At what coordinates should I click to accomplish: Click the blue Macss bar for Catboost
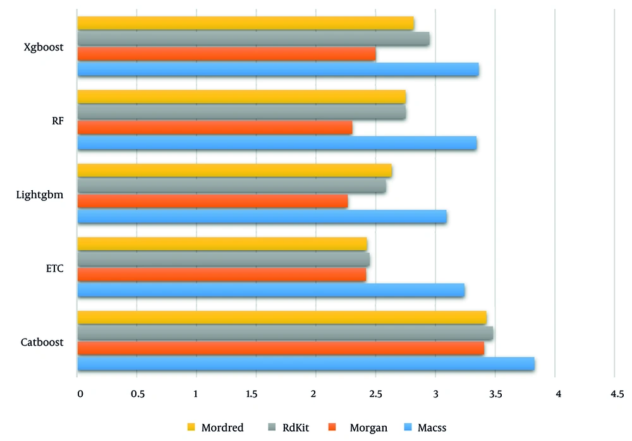click(x=306, y=364)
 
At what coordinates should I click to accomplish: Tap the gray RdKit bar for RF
click(x=241, y=112)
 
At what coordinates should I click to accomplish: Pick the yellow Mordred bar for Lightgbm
click(x=234, y=171)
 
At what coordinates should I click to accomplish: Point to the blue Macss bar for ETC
click(x=271, y=290)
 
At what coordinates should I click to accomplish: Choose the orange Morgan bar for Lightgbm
click(x=212, y=201)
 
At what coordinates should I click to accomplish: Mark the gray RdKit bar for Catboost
click(x=285, y=333)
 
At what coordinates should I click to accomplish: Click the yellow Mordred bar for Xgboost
click(x=246, y=23)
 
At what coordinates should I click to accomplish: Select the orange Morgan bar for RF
click(x=215, y=128)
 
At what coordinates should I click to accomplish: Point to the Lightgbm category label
click(x=40, y=195)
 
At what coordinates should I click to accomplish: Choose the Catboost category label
click(x=42, y=342)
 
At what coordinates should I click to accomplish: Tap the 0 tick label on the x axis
click(x=80, y=394)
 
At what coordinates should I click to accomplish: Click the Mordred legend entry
click(x=222, y=428)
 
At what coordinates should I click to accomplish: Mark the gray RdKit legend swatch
click(x=270, y=428)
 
